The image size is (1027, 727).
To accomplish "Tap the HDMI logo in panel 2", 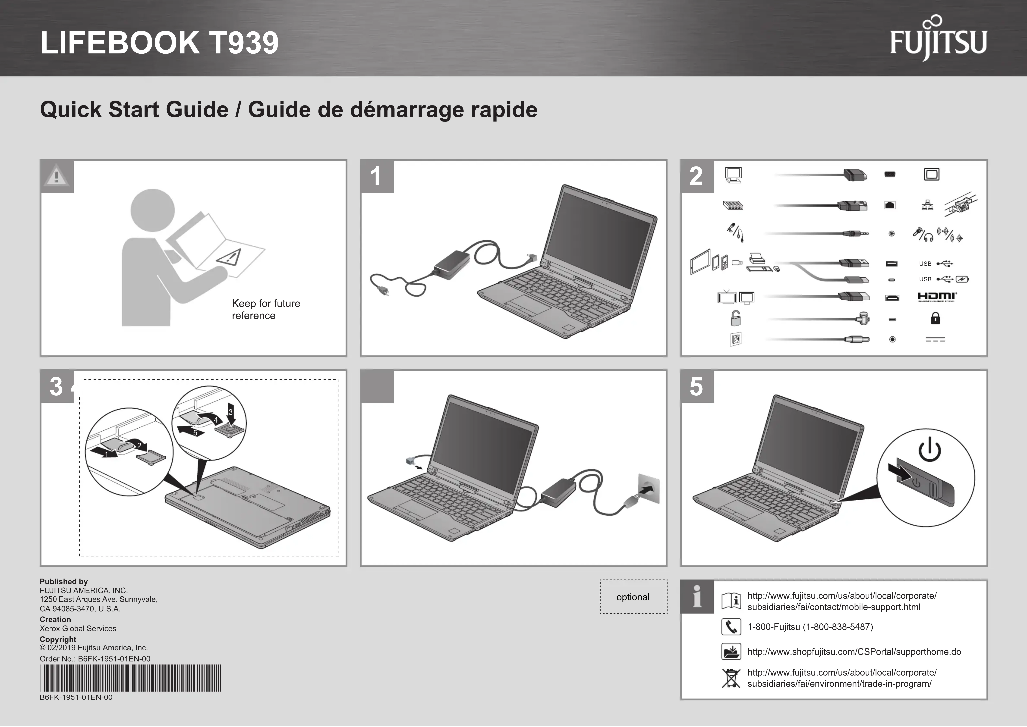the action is tap(937, 297).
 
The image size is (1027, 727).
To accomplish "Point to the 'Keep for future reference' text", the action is tap(266, 309).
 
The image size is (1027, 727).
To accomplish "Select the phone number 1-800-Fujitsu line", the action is tap(810, 627).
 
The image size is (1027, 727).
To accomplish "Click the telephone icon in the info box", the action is tap(731, 627).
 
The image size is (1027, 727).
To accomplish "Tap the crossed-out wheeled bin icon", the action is tap(731, 678).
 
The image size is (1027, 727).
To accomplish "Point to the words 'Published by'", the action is tap(64, 581).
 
